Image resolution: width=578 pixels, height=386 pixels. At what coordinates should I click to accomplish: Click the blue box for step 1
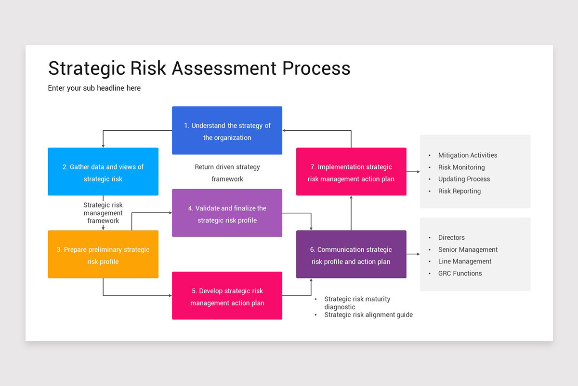point(227,131)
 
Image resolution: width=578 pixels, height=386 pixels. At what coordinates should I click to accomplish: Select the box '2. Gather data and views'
point(103,172)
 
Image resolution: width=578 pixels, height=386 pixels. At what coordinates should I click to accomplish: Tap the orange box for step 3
point(103,254)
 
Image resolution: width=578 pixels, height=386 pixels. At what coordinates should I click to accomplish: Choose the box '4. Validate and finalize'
point(227,213)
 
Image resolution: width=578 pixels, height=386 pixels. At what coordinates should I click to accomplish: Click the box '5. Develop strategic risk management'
point(227,296)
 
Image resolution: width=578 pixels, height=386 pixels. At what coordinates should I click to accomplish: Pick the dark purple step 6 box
point(351,254)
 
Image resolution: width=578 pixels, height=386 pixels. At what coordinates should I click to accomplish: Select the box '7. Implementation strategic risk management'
point(351,172)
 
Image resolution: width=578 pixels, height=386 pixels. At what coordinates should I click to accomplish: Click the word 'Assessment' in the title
point(224,68)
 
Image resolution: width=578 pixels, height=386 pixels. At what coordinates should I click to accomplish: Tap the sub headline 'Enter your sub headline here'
point(94,88)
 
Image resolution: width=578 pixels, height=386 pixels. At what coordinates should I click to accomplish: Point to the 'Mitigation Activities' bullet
point(467,155)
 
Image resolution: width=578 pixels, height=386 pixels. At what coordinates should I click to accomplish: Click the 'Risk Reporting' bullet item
point(459,191)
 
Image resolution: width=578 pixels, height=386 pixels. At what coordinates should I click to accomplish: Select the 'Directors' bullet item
point(451,237)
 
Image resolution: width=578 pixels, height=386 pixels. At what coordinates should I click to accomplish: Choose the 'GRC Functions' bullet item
point(460,273)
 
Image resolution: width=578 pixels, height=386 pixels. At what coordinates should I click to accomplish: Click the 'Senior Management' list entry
point(467,249)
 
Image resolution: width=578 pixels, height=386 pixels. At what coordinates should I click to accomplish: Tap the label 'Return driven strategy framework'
point(227,173)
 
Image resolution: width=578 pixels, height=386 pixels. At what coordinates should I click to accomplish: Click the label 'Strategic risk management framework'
point(103,213)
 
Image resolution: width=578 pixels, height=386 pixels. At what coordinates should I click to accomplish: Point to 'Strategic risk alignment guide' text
point(368,315)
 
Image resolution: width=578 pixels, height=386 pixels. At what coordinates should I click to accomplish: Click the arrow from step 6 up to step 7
point(351,213)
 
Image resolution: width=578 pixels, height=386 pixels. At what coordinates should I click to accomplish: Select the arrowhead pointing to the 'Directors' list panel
point(417,254)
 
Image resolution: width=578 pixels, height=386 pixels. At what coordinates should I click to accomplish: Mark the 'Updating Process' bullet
point(464,179)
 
